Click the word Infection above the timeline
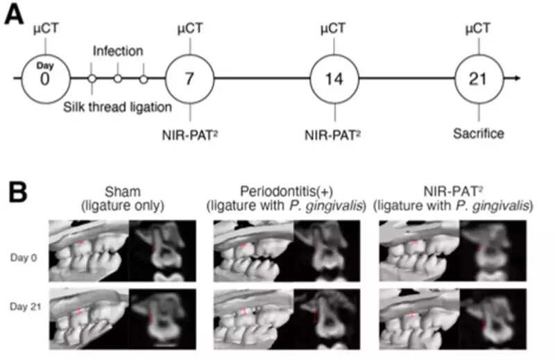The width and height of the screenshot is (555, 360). [118, 51]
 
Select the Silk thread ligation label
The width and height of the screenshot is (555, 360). [117, 107]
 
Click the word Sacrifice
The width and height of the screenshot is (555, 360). [479, 134]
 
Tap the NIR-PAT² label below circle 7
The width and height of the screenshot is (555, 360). [189, 135]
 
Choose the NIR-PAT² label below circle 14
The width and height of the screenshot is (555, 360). [333, 135]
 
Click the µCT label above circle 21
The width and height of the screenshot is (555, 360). [478, 28]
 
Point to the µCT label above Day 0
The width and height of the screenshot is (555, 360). [46, 28]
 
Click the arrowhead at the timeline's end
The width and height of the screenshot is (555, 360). [518, 78]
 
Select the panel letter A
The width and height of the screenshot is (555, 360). [14, 15]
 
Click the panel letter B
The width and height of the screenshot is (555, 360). [17, 192]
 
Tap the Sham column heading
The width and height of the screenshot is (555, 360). [123, 198]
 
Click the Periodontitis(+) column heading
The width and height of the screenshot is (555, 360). [287, 198]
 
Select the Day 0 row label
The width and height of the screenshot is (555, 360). [24, 258]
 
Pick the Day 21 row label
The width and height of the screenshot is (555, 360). [26, 307]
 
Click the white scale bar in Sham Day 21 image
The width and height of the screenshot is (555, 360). [165, 344]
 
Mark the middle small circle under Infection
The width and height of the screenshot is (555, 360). [118, 78]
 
